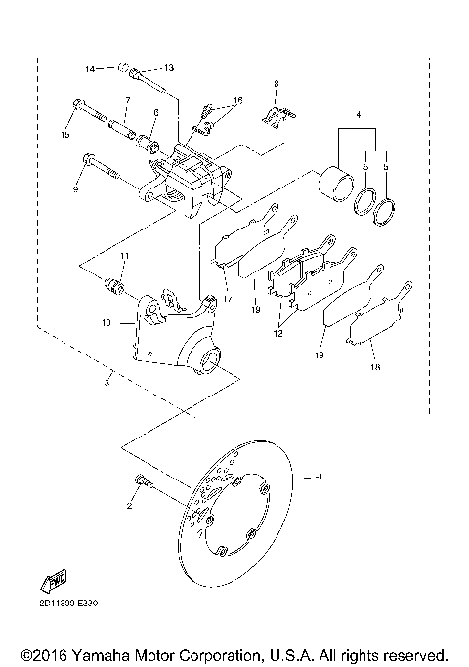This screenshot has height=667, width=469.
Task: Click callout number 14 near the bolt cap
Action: (x=88, y=69)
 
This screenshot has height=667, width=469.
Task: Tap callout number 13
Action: (x=168, y=68)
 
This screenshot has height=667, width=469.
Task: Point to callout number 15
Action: (x=67, y=134)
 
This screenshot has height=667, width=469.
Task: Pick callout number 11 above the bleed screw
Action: (x=124, y=256)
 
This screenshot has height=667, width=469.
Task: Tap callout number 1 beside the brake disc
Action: (x=317, y=478)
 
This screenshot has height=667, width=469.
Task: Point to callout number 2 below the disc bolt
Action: (x=128, y=508)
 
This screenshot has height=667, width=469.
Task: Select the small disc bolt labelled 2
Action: (x=142, y=479)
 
